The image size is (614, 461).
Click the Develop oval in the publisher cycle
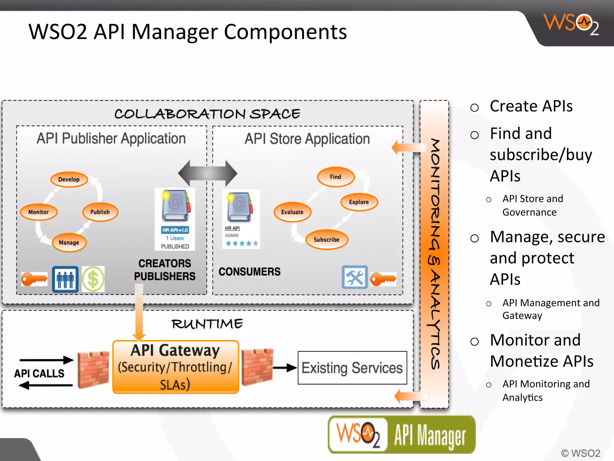69,179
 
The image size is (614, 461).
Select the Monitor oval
38,212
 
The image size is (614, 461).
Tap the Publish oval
100,212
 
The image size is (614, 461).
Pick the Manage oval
69,243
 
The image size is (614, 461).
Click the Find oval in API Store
335,177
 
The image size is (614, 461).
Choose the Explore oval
359,202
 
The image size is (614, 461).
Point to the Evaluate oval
292,212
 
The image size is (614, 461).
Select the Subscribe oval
326,240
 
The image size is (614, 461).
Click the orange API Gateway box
175,367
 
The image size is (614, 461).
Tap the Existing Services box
352,368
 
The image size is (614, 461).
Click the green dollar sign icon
93,279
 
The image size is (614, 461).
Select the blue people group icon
65,279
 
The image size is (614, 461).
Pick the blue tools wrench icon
355,277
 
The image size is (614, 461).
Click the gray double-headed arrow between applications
207,173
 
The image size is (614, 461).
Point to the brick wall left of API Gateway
93,369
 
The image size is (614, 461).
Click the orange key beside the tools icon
383,279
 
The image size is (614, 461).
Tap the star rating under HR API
242,243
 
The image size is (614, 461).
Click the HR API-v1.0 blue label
175,230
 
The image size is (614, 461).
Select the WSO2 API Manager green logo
402,435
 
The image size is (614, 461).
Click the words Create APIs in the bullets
531,106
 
